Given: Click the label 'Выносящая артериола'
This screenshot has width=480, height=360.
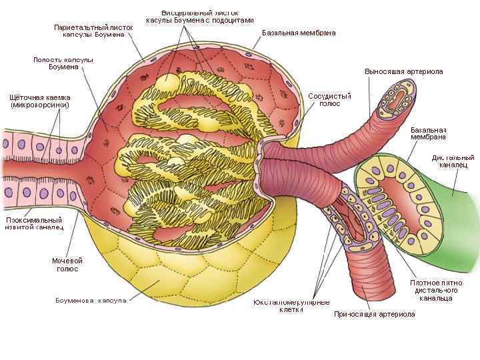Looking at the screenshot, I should pyautogui.click(x=403, y=71).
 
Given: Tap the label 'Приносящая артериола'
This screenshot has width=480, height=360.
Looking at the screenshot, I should pyautogui.click(x=374, y=314).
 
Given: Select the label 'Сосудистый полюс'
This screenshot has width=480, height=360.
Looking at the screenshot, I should pyautogui.click(x=329, y=99).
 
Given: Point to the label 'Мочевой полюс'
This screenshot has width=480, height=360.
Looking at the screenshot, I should pyautogui.click(x=67, y=264).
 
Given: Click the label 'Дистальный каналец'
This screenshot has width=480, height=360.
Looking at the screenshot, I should pyautogui.click(x=453, y=161).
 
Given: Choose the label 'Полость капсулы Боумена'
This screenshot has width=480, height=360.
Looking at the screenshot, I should pyautogui.click(x=63, y=63).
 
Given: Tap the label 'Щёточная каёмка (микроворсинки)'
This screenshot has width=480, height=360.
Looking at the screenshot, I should pyautogui.click(x=40, y=101).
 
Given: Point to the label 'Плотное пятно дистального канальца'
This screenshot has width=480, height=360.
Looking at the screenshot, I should pyautogui.click(x=437, y=290).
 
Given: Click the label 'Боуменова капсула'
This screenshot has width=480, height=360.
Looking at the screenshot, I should pyautogui.click(x=91, y=301).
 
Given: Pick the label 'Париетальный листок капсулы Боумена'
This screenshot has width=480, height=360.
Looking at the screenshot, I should pyautogui.click(x=93, y=30).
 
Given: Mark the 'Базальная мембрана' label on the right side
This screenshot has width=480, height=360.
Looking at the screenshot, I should pyautogui.click(x=428, y=133).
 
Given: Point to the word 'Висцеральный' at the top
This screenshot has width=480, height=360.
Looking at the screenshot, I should pyautogui.click(x=181, y=13).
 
